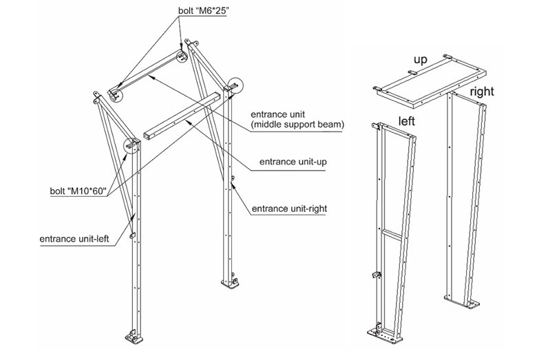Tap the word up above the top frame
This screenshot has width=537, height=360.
click(420, 60)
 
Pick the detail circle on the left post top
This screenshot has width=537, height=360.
click(131, 145)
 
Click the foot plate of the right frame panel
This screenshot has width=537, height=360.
click(463, 300)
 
